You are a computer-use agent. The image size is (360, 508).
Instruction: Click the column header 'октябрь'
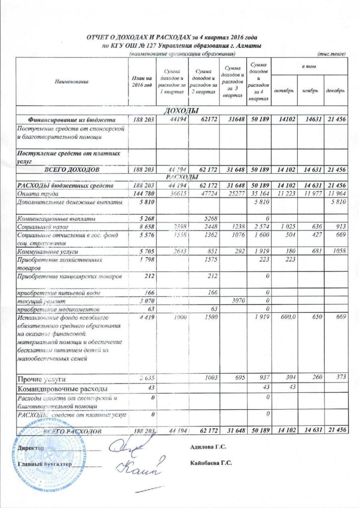(x=284, y=91)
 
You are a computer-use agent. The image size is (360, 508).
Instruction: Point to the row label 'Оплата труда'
(x=35, y=194)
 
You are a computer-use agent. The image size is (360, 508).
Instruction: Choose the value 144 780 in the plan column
(x=142, y=194)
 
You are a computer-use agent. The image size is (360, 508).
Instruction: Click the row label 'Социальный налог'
(x=39, y=227)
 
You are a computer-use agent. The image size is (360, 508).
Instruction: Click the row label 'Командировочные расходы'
(x=62, y=389)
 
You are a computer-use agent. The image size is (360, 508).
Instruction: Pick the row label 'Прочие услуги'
(x=41, y=379)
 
